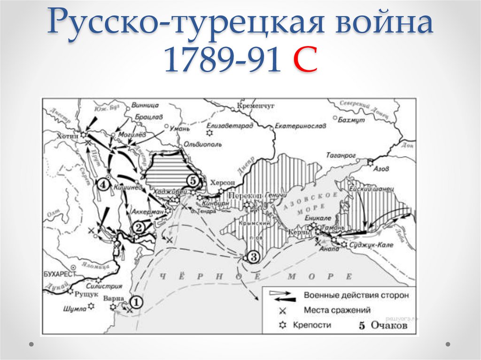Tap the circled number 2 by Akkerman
pyautogui.click(x=139, y=228)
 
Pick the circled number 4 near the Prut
pyautogui.click(x=103, y=184)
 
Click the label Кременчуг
pyautogui.click(x=256, y=106)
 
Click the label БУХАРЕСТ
pyautogui.click(x=59, y=273)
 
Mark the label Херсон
pyautogui.click(x=223, y=183)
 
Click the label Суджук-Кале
pyautogui.click(x=372, y=245)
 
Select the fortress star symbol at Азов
pyautogui.click(x=370, y=162)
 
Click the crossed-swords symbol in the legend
pyautogui.click(x=283, y=310)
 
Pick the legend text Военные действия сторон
pyautogui.click(x=357, y=296)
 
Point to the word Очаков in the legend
pyautogui.click(x=389, y=325)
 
